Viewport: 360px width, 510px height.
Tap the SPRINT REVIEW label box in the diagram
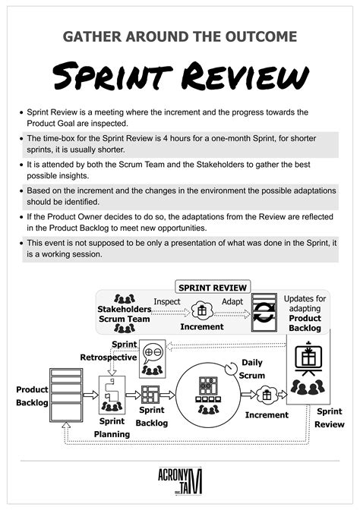point(213,288)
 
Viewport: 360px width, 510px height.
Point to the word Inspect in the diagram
point(167,301)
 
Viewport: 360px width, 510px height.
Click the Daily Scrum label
point(252,369)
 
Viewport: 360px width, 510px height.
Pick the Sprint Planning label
point(112,427)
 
